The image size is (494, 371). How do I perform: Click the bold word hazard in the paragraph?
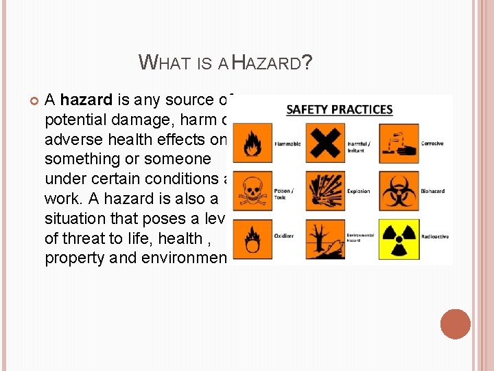[86, 100]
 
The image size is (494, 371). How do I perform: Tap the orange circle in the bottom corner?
[456, 324]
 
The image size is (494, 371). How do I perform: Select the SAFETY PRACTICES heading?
[339, 110]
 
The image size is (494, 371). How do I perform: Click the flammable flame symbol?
[253, 142]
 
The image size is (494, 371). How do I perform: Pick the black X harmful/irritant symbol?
[325, 142]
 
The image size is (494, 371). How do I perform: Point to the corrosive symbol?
[399, 142]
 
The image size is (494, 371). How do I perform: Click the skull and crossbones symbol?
[253, 190]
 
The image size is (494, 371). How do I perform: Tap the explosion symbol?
[325, 190]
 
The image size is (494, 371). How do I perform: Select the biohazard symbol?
[399, 190]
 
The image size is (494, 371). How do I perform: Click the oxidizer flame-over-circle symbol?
[253, 238]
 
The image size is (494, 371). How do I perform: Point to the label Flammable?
[287, 144]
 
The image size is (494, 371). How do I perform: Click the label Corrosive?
[432, 144]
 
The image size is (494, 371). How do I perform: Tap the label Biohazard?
[434, 192]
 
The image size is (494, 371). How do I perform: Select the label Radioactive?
[435, 237]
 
